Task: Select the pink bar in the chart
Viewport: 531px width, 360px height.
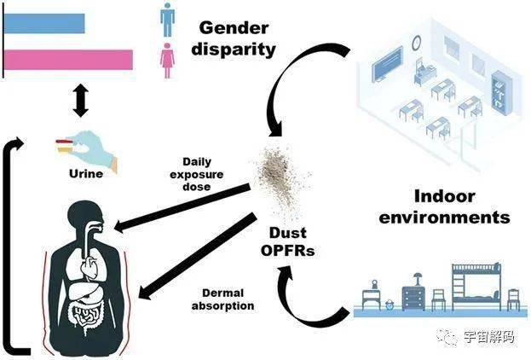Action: pos(68,59)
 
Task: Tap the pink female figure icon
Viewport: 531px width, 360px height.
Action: pos(168,59)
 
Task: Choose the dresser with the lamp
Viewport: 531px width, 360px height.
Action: pos(415,294)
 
